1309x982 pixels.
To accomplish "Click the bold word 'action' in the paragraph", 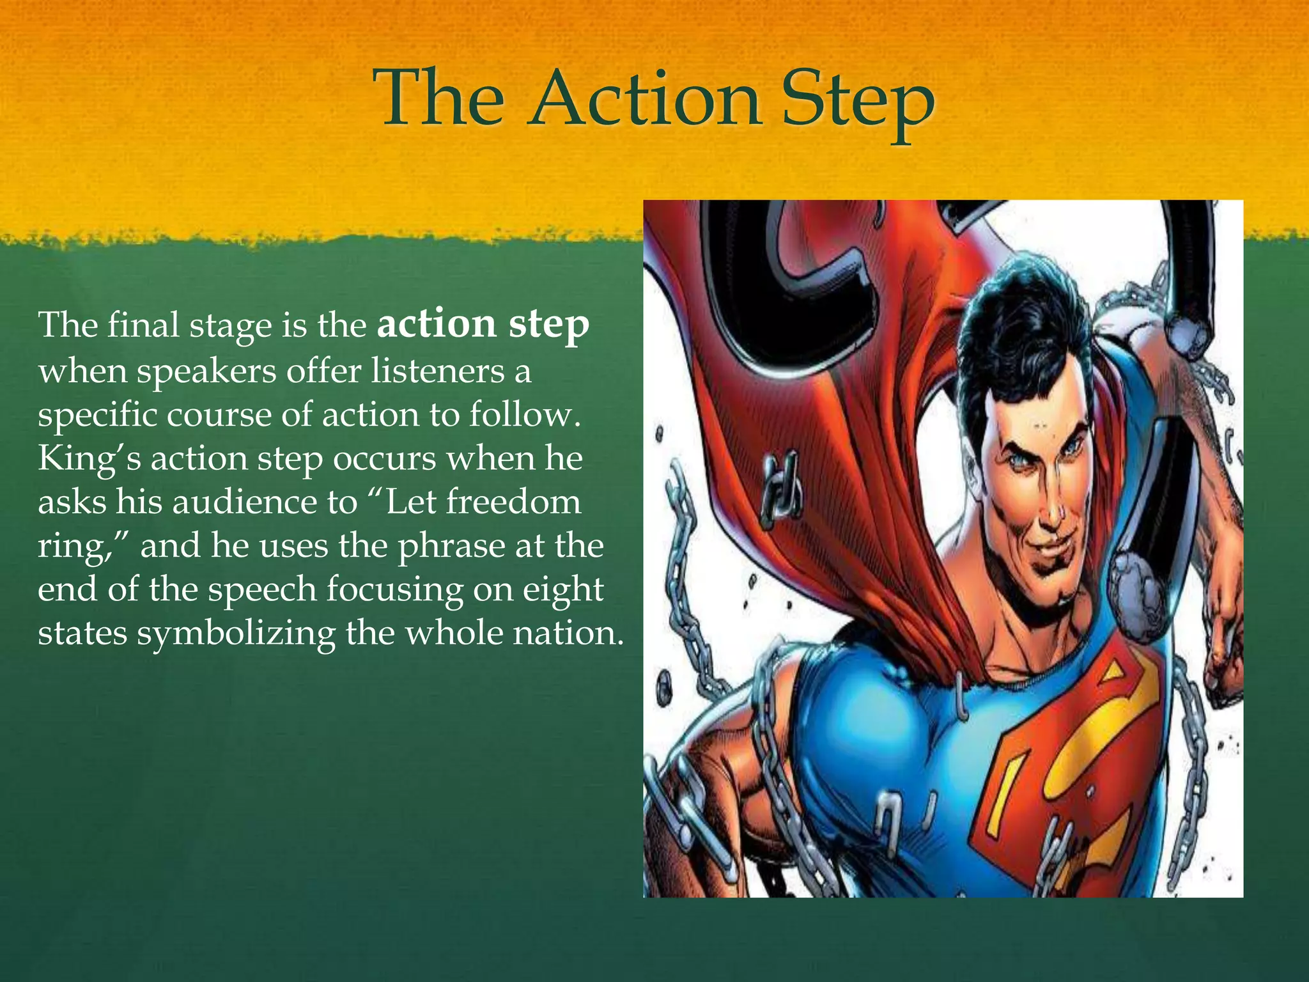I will [x=437, y=324].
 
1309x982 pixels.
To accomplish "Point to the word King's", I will [x=89, y=460].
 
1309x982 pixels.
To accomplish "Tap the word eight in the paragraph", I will [x=562, y=590].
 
